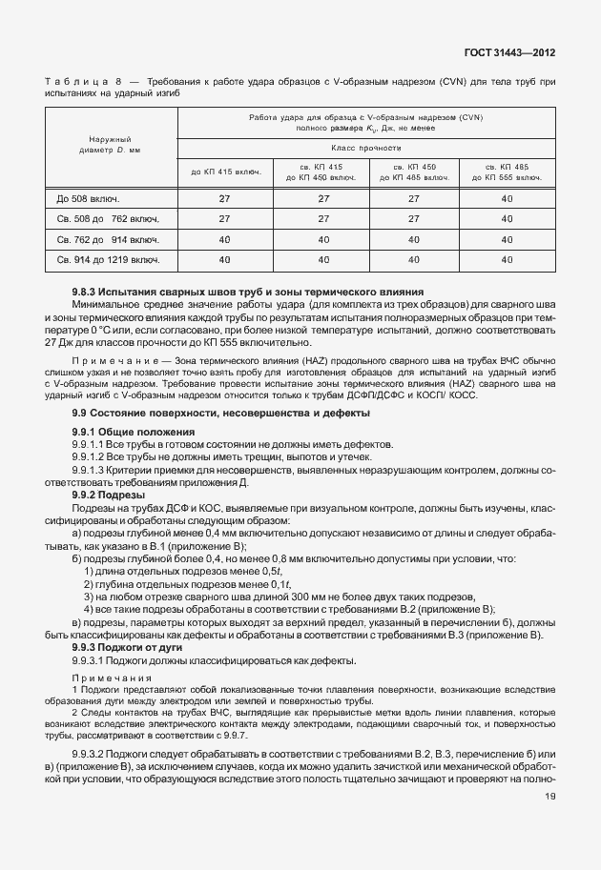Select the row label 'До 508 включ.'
pos(88,198)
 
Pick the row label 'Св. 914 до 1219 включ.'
pos(108,258)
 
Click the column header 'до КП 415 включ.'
pos(226,172)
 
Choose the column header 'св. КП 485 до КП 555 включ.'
pos(507,172)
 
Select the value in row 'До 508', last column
pos(507,198)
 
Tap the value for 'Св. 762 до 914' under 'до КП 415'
pos(226,238)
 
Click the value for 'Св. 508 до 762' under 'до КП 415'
pos(226,218)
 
